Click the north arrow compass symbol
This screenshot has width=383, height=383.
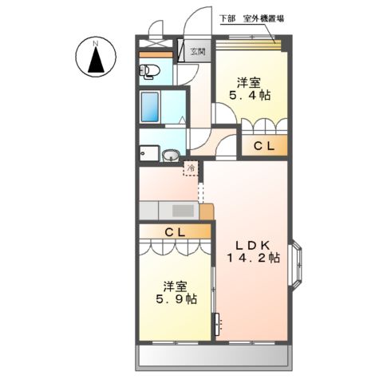[95, 60]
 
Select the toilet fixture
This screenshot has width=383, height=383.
[149, 73]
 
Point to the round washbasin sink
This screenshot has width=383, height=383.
[171, 156]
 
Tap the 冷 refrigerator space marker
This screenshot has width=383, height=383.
[191, 168]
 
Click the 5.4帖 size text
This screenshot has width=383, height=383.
[250, 96]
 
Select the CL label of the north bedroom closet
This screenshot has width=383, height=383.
[265, 146]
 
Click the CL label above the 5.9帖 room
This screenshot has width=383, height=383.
[176, 231]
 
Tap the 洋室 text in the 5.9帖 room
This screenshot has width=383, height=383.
[176, 285]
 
